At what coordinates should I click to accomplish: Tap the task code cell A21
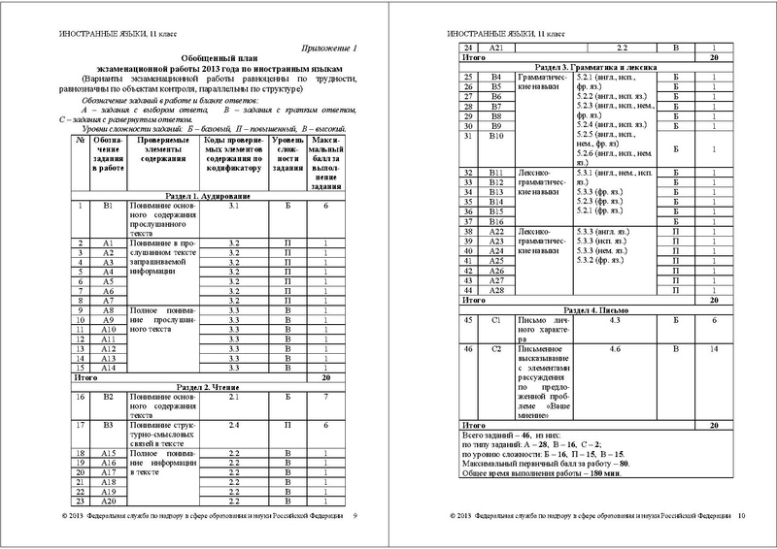(x=496, y=47)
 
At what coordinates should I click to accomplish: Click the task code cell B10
(x=496, y=135)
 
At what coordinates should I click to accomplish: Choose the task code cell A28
(x=496, y=290)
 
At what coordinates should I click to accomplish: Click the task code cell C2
(x=496, y=346)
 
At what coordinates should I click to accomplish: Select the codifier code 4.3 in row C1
(x=614, y=319)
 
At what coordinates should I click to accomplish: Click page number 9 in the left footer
(x=355, y=516)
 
